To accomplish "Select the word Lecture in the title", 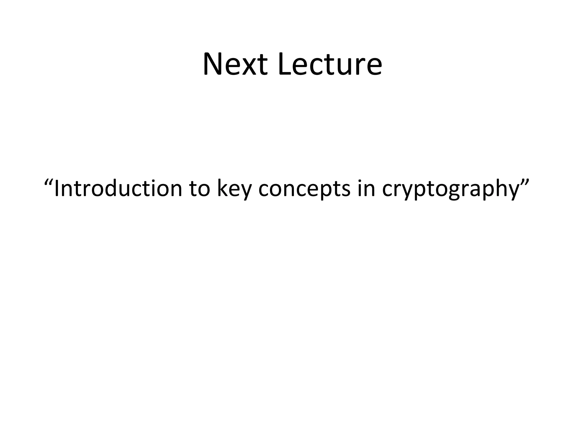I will click(330, 65).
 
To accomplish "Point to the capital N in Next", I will click(214, 65).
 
